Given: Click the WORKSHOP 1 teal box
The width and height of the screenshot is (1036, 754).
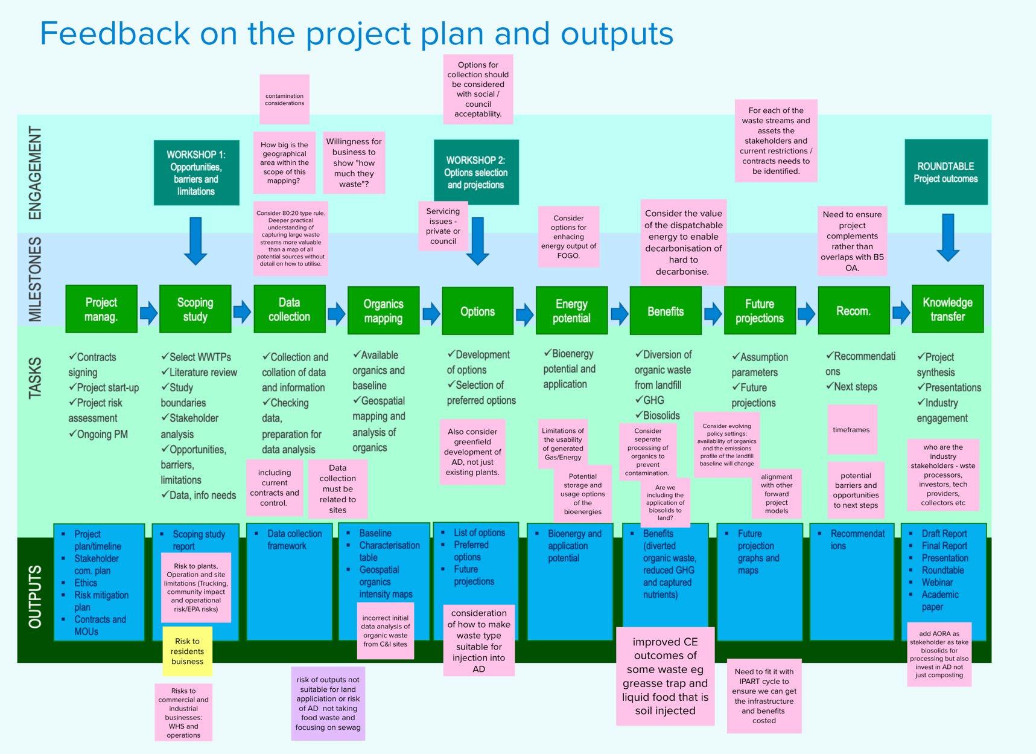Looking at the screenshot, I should [196, 173].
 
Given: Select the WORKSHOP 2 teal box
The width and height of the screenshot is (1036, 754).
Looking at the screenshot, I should [476, 173].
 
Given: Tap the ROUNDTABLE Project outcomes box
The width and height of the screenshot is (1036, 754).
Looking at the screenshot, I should [945, 172].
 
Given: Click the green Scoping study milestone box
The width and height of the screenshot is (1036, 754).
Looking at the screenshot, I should [195, 309].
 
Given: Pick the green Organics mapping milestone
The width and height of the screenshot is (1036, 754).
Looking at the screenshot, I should [383, 310].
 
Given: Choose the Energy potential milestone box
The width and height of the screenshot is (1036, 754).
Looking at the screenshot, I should [571, 310].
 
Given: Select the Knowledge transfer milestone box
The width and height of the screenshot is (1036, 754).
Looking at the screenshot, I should [947, 309].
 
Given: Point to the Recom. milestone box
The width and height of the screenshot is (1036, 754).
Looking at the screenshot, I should [853, 311].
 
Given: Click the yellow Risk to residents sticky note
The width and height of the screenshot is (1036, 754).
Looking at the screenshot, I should [187, 651].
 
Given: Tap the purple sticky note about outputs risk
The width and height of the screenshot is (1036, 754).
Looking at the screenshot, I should [328, 703].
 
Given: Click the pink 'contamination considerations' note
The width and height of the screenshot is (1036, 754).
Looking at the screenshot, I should [284, 100].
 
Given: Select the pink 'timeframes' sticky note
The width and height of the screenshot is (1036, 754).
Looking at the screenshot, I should [851, 430].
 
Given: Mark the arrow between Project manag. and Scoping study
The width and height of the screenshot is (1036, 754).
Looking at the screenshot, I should [148, 312].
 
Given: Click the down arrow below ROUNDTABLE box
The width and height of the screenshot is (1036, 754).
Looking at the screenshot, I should [948, 237].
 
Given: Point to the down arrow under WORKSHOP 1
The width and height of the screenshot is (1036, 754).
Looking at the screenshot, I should [195, 241].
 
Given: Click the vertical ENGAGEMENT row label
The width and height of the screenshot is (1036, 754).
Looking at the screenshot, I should [36, 173].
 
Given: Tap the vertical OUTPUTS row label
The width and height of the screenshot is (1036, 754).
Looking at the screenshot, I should [36, 596].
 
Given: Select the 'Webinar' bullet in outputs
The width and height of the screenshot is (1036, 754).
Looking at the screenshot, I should [937, 583].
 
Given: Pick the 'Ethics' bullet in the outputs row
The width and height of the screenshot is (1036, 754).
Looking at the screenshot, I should [85, 583].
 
